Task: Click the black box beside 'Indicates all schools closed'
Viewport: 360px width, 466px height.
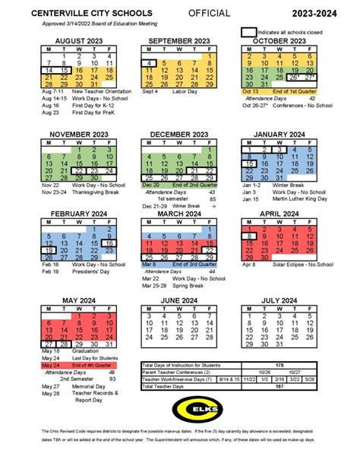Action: (248, 33)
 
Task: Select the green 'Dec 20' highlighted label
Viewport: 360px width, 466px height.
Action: (150, 184)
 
